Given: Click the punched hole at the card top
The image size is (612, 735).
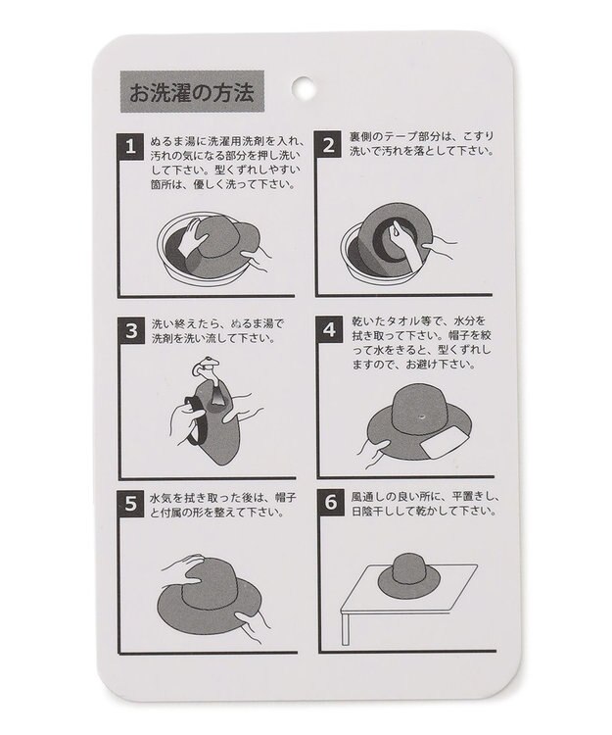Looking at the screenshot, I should tap(305, 86).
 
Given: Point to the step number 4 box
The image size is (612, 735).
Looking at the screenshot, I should tap(330, 329).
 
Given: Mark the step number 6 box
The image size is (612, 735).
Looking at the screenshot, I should tap(330, 504).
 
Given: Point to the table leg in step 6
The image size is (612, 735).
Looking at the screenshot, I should tap(347, 622).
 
